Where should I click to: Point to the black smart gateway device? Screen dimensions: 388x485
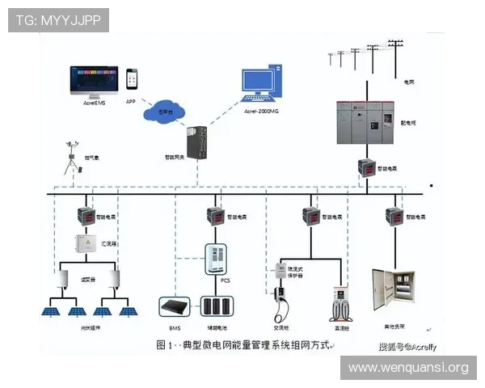coord(195,141)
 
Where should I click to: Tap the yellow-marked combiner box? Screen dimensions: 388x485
coord(86,243)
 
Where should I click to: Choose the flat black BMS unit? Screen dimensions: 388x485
coord(174,306)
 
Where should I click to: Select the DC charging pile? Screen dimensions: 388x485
coord(341,302)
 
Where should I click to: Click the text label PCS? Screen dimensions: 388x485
coord(226,280)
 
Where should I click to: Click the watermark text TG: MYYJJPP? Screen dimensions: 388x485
coord(57,19)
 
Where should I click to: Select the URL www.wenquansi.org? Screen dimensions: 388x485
coord(407,368)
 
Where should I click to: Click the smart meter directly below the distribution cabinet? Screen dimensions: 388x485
coord(366,168)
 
